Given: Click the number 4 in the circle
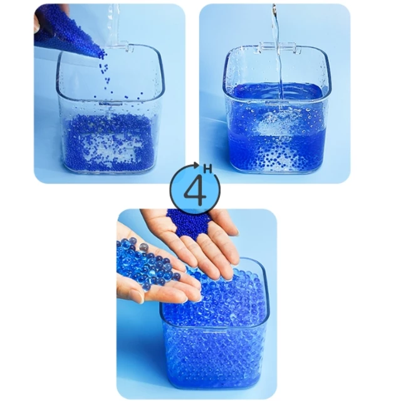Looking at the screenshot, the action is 195,191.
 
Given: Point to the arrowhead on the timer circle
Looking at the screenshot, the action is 196,165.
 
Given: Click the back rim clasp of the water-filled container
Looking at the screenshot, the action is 280,48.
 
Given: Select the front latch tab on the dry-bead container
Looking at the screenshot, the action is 110,104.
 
